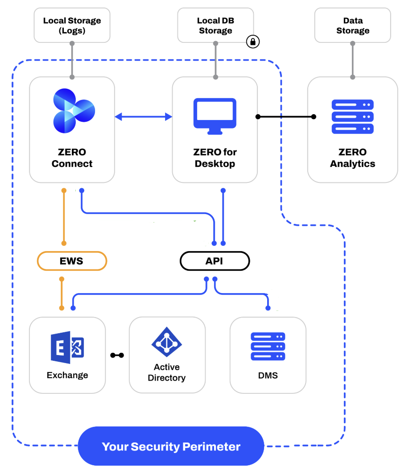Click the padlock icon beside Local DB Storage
253,42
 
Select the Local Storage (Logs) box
72,25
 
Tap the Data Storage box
352,25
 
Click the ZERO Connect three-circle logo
73,111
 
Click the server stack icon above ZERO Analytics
352,117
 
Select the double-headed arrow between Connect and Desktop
143,117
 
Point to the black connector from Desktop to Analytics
285,117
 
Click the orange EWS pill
72,261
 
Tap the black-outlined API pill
215,261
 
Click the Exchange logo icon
67,347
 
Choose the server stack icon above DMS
268,347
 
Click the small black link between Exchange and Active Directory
117,355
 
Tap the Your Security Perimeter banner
171,446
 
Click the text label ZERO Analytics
352,158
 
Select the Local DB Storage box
215,25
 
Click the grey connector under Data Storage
353,60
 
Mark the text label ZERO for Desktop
215,158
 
